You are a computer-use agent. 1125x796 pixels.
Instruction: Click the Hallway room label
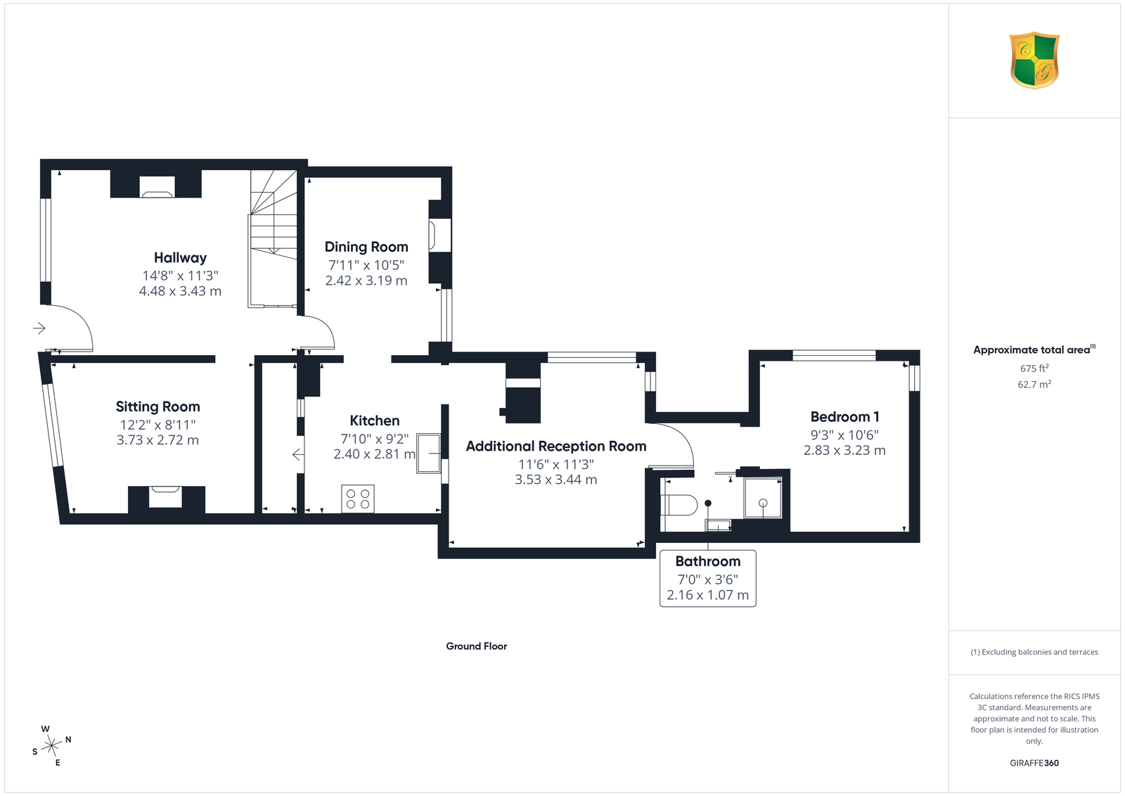[180, 257]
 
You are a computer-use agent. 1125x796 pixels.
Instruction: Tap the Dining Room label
[366, 247]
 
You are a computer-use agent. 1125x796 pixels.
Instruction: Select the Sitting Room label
[157, 406]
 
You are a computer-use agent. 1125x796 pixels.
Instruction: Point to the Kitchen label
[375, 421]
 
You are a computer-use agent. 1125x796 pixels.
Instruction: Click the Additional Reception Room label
[556, 447]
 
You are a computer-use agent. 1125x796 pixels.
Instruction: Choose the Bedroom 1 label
[844, 417]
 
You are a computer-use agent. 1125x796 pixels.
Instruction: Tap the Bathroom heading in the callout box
[707, 561]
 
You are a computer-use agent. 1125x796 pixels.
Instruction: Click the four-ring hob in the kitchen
[358, 499]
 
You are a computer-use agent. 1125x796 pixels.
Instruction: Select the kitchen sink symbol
[428, 454]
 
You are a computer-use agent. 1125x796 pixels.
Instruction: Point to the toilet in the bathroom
[679, 505]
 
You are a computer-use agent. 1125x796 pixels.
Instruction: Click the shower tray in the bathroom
[763, 498]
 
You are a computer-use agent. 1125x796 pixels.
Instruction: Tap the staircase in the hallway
[274, 238]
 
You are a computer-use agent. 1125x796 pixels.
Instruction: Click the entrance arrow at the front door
[39, 328]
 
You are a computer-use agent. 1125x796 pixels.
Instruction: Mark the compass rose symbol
[52, 746]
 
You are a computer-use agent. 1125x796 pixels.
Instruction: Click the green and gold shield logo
[1034, 60]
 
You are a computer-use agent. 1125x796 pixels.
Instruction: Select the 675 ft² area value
[1034, 368]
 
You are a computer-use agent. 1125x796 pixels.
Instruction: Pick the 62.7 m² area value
[1034, 384]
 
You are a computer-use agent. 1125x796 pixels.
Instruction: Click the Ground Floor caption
[477, 646]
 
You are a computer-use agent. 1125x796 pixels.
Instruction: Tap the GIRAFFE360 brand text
[1034, 763]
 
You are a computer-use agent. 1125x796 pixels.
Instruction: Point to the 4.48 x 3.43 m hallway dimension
[180, 291]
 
